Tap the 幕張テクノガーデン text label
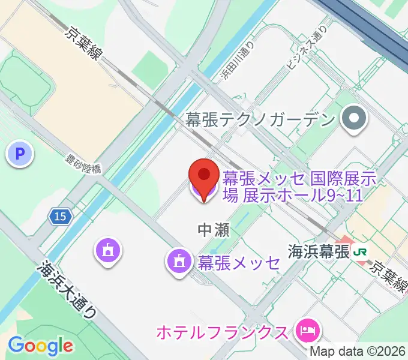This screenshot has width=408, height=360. pyautogui.click(x=260, y=120)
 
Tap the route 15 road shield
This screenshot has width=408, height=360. pyautogui.click(x=59, y=217)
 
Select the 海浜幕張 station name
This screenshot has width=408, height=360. pyautogui.click(x=318, y=251)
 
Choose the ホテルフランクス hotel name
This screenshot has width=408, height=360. pyautogui.click(x=221, y=331)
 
